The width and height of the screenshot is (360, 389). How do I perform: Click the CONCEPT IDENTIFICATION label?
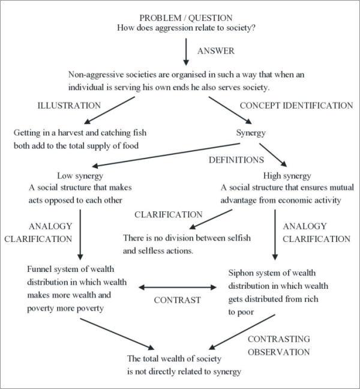point(296,106)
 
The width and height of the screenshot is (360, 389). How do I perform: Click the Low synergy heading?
point(79,176)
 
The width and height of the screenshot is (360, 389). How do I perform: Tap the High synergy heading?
point(287,176)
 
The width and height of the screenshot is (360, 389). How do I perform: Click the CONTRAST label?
point(176,300)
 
